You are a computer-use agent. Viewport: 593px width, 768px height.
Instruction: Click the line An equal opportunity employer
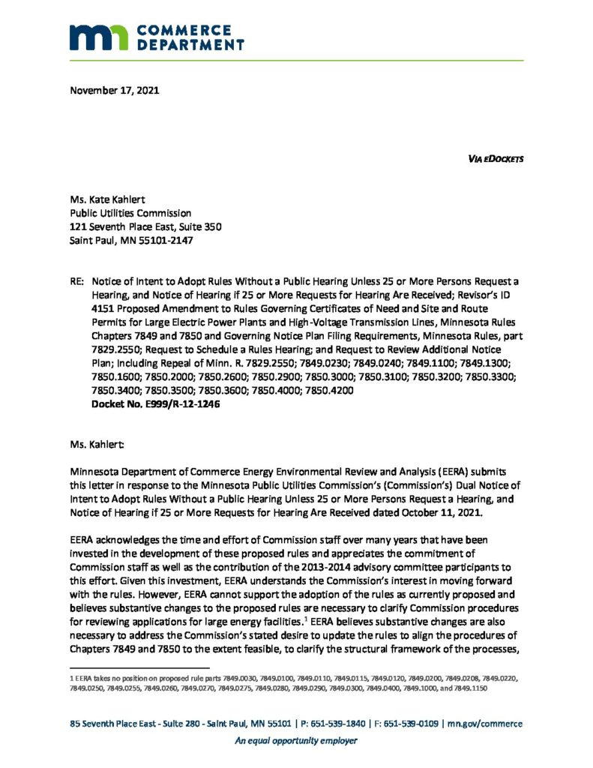tap(296, 741)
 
